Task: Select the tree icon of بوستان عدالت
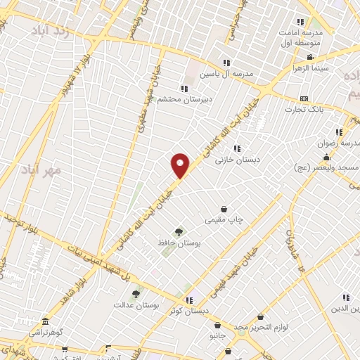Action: (x=136, y=292)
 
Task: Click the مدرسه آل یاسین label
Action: (x=224, y=73)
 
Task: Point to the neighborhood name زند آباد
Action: (x=51, y=32)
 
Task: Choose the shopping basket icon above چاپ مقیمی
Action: (x=224, y=209)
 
